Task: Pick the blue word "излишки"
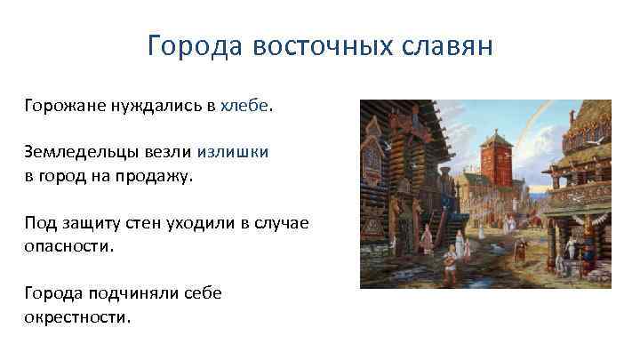tap(233, 152)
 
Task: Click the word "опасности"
tap(69, 245)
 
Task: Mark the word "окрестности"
tap(77, 316)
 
